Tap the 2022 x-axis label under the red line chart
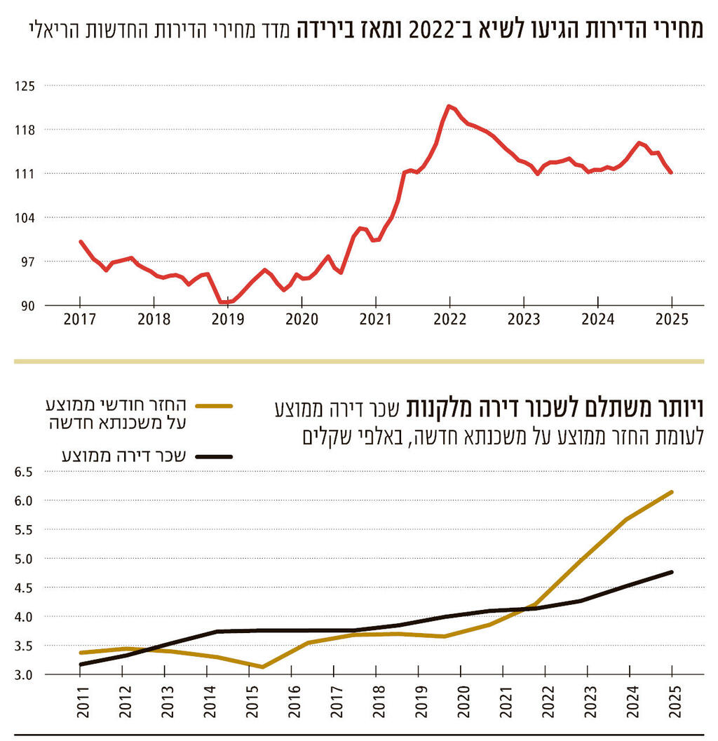pos(449,319)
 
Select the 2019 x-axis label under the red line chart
pos(228,319)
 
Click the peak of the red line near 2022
pos(448,106)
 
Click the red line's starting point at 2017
pos(81,242)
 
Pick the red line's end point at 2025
pos(671,172)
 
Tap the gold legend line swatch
pos(214,405)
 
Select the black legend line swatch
pos(214,456)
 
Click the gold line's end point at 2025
pos(672,492)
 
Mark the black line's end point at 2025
pos(672,572)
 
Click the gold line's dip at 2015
pos(262,667)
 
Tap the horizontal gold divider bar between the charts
pos(359,361)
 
